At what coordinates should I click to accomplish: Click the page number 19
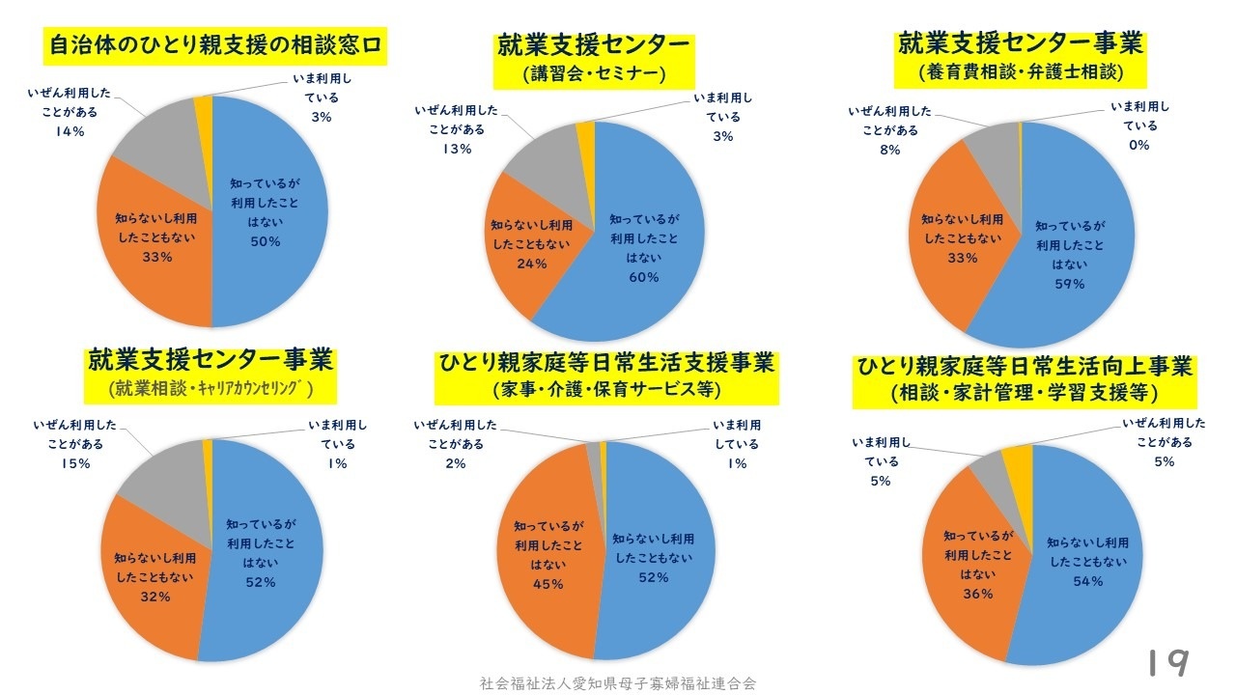click(x=1167, y=662)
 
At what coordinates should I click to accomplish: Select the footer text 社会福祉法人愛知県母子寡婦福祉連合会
click(x=618, y=682)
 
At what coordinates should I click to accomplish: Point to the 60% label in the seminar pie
click(x=643, y=277)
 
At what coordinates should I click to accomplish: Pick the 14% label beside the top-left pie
click(x=70, y=131)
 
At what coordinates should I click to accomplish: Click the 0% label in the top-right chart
click(x=1139, y=145)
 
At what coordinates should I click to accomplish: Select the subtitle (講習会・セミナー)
click(x=594, y=73)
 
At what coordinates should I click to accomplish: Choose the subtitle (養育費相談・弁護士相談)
click(x=1021, y=72)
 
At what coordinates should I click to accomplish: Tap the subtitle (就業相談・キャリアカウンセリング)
click(x=211, y=389)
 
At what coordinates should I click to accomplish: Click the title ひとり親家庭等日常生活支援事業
click(x=606, y=364)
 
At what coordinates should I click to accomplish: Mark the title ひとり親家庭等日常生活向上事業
click(x=1025, y=368)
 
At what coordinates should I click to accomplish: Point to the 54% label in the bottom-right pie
click(x=1087, y=580)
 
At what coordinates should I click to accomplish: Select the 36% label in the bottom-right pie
click(x=978, y=594)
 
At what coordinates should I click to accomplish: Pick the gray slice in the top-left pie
click(x=159, y=136)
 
